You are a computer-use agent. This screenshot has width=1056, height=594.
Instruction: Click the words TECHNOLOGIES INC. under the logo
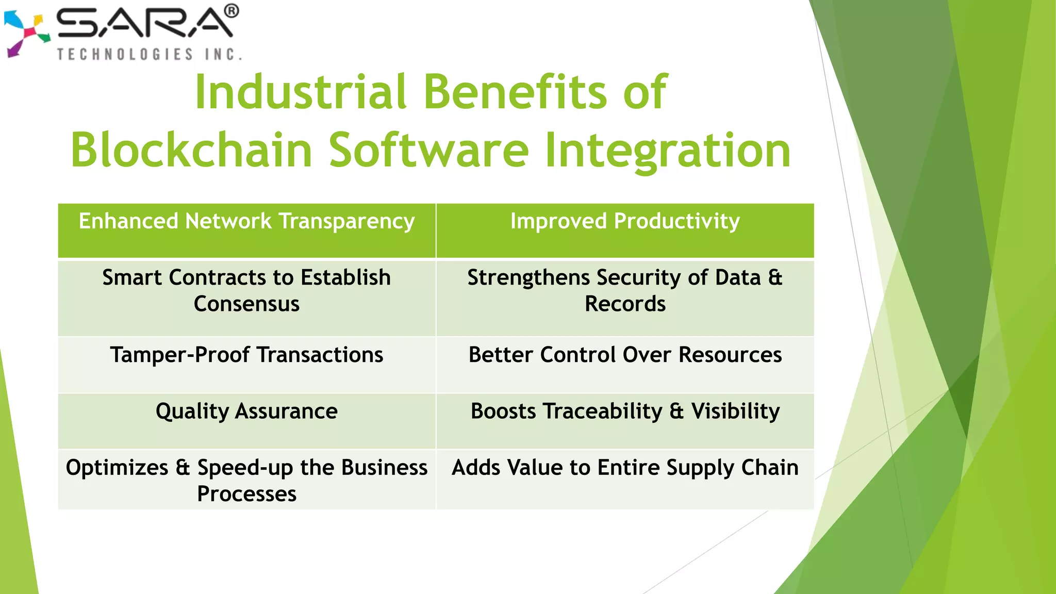pos(149,54)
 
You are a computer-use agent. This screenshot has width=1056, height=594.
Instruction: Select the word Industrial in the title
pos(301,92)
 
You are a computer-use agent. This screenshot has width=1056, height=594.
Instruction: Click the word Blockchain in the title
pos(191,150)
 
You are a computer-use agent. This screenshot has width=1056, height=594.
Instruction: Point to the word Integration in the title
pos(667,150)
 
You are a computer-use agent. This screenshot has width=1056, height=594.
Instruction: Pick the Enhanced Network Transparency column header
pos(246,222)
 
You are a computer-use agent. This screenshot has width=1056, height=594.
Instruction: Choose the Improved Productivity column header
pos(625,222)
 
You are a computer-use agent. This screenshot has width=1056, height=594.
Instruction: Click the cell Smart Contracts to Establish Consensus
pos(246,291)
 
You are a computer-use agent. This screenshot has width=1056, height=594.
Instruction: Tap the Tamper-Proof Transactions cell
pos(246,355)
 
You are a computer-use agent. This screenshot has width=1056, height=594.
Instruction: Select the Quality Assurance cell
pos(246,411)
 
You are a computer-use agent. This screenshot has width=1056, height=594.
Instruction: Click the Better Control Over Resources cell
pos(625,355)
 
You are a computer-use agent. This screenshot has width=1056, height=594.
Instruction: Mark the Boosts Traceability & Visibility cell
pos(625,411)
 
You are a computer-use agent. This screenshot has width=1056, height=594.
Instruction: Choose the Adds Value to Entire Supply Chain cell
pos(625,468)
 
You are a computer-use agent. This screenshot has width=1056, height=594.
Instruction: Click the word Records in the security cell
pos(625,304)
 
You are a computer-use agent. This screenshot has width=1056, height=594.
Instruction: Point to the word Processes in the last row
pos(246,494)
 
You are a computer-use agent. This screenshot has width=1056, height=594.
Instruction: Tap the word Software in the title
pos(428,150)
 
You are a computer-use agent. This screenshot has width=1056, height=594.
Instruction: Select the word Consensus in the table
pos(246,304)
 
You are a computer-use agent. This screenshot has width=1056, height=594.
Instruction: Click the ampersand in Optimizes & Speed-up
pos(183,468)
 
